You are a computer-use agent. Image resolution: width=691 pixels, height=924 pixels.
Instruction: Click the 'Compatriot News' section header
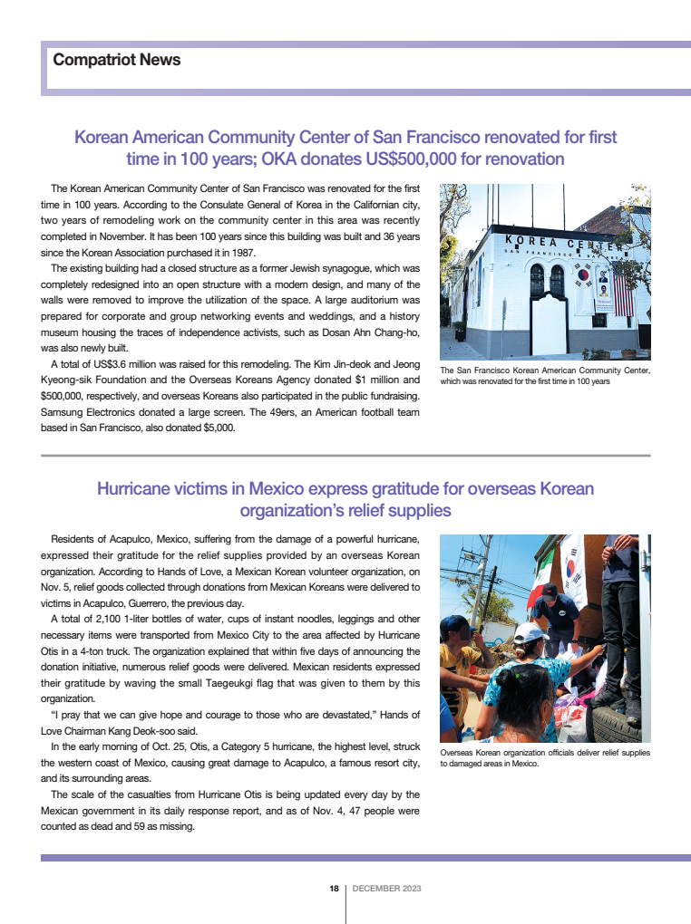pos(117,61)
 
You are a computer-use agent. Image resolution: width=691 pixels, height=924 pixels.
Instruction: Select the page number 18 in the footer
pos(334,889)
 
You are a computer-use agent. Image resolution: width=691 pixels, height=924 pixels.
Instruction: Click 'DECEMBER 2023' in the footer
pos(386,889)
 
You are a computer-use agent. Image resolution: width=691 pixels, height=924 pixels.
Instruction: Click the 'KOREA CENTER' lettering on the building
pos(562,243)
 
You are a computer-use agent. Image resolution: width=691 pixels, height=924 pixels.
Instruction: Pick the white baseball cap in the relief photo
pos(529,632)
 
